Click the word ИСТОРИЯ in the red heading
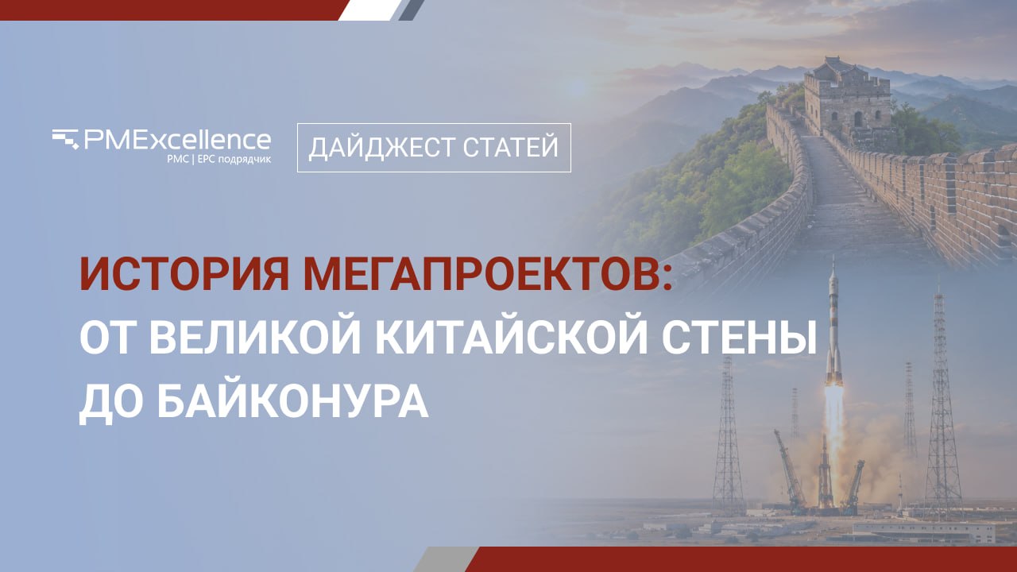[x=184, y=275]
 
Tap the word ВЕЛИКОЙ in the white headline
[x=255, y=338]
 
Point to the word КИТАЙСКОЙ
[x=511, y=338]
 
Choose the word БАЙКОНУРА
[x=293, y=401]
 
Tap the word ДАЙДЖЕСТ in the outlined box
[x=381, y=147]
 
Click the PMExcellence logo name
[x=177, y=140]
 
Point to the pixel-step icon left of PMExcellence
[x=65, y=139]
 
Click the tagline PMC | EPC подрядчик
[x=218, y=160]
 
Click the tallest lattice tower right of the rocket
[x=942, y=404]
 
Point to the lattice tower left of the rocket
[x=728, y=436]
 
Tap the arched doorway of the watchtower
[x=857, y=119]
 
